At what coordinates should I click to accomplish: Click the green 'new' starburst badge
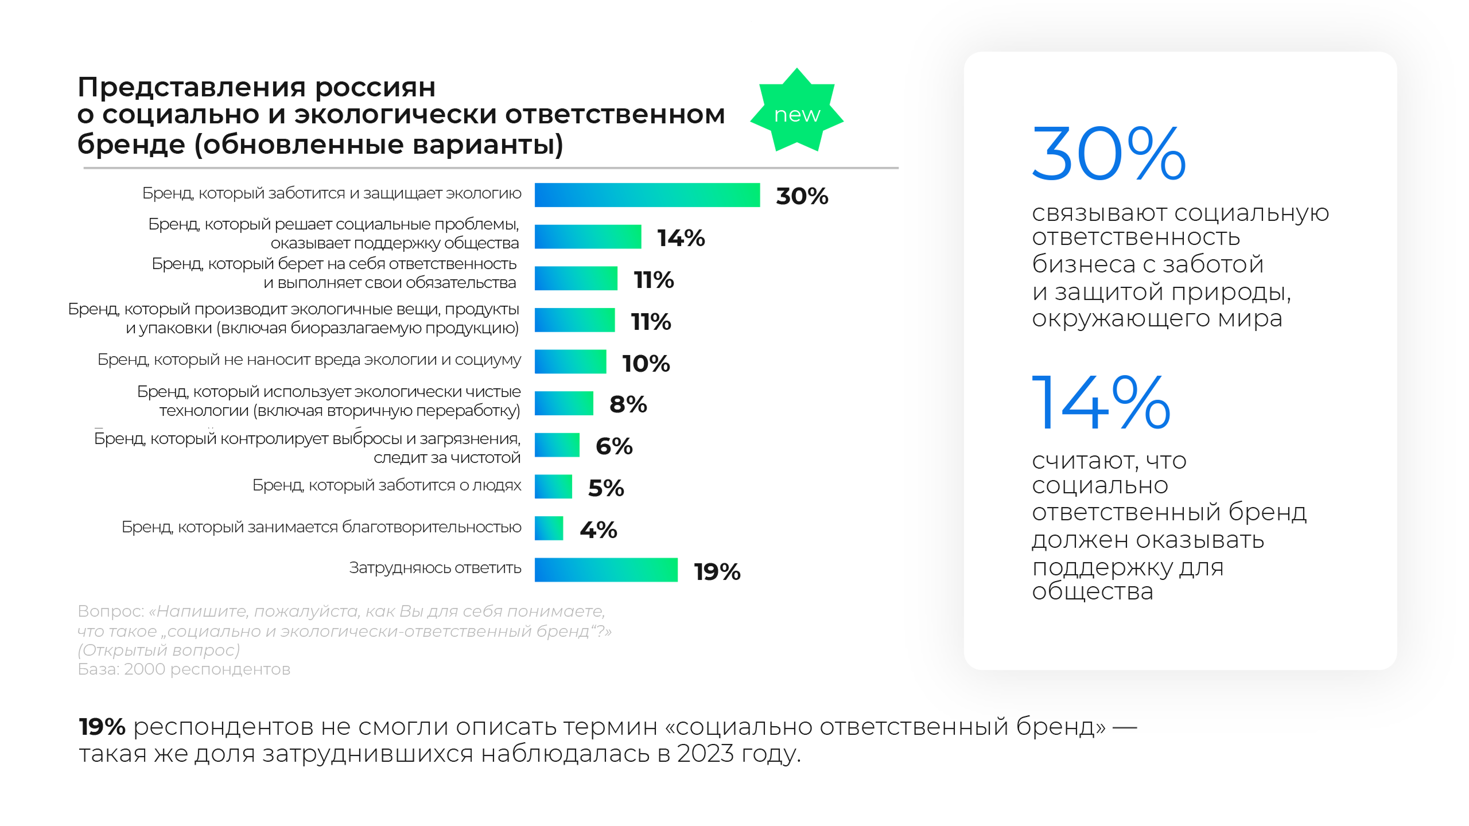click(796, 113)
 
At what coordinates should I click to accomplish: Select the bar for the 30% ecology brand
click(647, 195)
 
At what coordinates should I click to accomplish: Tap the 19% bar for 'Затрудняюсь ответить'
click(605, 570)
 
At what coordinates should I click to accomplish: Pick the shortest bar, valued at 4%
click(549, 528)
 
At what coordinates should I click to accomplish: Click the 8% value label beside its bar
click(628, 404)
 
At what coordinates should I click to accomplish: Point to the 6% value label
click(613, 446)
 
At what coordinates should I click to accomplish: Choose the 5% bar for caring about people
click(553, 486)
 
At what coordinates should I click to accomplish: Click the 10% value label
click(646, 363)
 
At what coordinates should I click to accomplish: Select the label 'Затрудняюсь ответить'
click(435, 568)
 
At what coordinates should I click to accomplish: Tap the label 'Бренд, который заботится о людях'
click(387, 485)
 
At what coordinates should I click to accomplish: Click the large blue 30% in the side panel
click(1108, 154)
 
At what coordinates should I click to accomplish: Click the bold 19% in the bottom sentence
click(102, 727)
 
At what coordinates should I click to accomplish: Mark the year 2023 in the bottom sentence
click(705, 754)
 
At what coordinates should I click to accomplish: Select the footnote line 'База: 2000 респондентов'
click(184, 669)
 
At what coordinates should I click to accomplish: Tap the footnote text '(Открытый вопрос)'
click(159, 650)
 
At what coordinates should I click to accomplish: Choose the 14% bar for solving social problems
click(588, 237)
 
